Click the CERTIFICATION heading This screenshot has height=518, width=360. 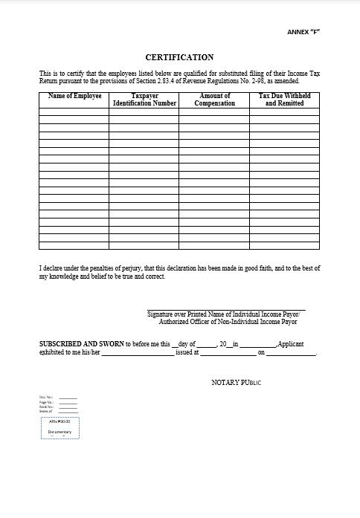(179, 57)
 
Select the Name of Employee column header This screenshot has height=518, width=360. (74, 97)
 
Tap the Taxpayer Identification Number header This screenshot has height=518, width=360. (144, 100)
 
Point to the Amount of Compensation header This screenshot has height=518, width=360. (214, 100)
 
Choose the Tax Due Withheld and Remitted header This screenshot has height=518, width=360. (284, 100)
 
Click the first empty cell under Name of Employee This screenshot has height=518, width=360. (74, 111)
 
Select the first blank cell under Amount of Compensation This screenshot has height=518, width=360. (214, 111)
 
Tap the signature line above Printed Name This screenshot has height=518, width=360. (226, 309)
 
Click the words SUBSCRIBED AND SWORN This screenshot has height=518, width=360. (82, 344)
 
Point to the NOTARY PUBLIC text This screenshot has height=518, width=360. (237, 383)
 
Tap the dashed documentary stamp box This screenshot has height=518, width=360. (60, 427)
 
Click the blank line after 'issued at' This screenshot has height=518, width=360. (227, 354)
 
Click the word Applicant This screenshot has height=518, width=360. (291, 344)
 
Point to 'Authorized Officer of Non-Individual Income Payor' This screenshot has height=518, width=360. (228, 322)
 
